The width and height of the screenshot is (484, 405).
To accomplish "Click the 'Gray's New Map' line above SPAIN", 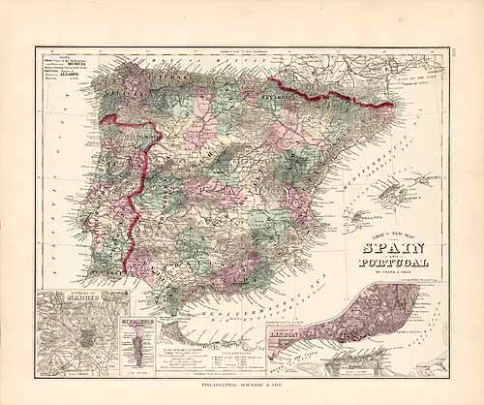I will (392, 235).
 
